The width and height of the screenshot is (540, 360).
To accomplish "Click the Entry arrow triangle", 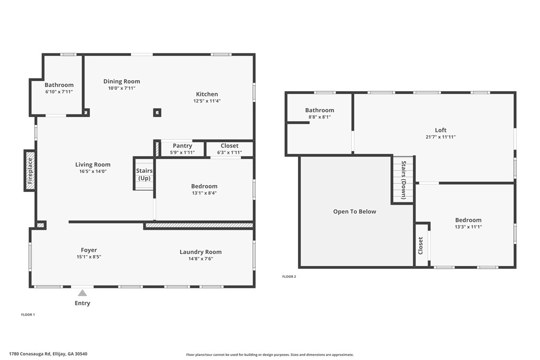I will point(82,293).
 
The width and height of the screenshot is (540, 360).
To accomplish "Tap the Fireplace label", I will point(30,170).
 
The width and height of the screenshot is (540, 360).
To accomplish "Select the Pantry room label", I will point(182,146).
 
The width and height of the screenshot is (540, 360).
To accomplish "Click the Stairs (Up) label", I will point(144,174).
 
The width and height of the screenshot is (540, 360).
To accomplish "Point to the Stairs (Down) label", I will point(404,180).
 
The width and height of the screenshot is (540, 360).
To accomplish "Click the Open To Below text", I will point(354,211).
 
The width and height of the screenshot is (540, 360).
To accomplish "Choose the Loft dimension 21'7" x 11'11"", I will point(440,137).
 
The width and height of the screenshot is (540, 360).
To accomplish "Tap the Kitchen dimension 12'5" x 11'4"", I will point(207,101).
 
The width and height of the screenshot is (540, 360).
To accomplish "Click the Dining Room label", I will point(122,81).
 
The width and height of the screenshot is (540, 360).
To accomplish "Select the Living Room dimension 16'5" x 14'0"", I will point(92,171).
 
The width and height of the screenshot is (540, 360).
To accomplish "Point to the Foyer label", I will point(89,250).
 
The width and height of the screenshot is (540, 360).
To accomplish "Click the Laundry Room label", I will point(200,252).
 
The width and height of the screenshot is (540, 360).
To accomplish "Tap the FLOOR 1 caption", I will point(28,315).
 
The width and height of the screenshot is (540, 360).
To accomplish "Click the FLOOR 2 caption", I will point(289,277).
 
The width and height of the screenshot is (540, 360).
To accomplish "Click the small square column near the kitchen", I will point(157,112).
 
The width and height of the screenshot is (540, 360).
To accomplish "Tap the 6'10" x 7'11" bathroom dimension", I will point(59,92).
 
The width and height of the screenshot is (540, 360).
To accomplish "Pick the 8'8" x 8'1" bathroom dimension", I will point(319,117).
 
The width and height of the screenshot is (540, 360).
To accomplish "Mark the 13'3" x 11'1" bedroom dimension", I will point(468,227).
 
